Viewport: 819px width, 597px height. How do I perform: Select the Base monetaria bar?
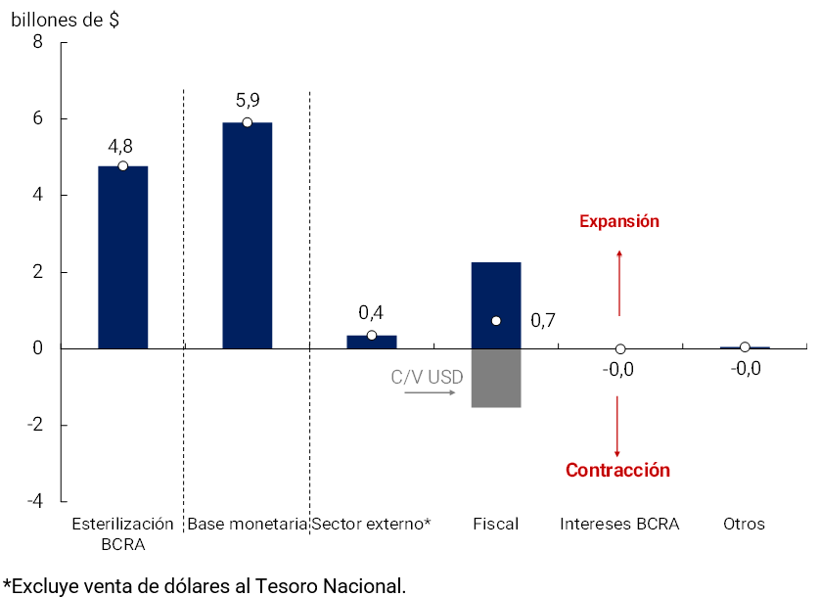point(248,235)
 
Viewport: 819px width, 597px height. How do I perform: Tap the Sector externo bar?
point(372,342)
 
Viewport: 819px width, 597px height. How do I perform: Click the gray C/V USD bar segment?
point(496,378)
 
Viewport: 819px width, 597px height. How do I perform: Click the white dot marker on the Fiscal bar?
point(496,321)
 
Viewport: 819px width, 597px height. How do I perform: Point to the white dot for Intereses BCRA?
point(620,349)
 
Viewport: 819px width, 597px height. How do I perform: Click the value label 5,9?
point(248,100)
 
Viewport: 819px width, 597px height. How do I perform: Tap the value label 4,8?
point(120,146)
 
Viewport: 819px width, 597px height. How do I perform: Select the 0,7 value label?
point(543,320)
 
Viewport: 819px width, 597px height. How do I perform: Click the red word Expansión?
point(619,221)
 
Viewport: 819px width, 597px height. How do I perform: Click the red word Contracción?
point(617,470)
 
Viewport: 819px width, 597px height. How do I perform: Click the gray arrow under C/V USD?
point(431,392)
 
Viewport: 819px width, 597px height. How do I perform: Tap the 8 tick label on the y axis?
point(38,42)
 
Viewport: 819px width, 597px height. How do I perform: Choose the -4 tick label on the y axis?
point(34,501)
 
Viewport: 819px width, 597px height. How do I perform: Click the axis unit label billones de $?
point(65,19)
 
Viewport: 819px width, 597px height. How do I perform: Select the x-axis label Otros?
point(744,524)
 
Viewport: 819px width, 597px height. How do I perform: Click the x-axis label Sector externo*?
point(371,524)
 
